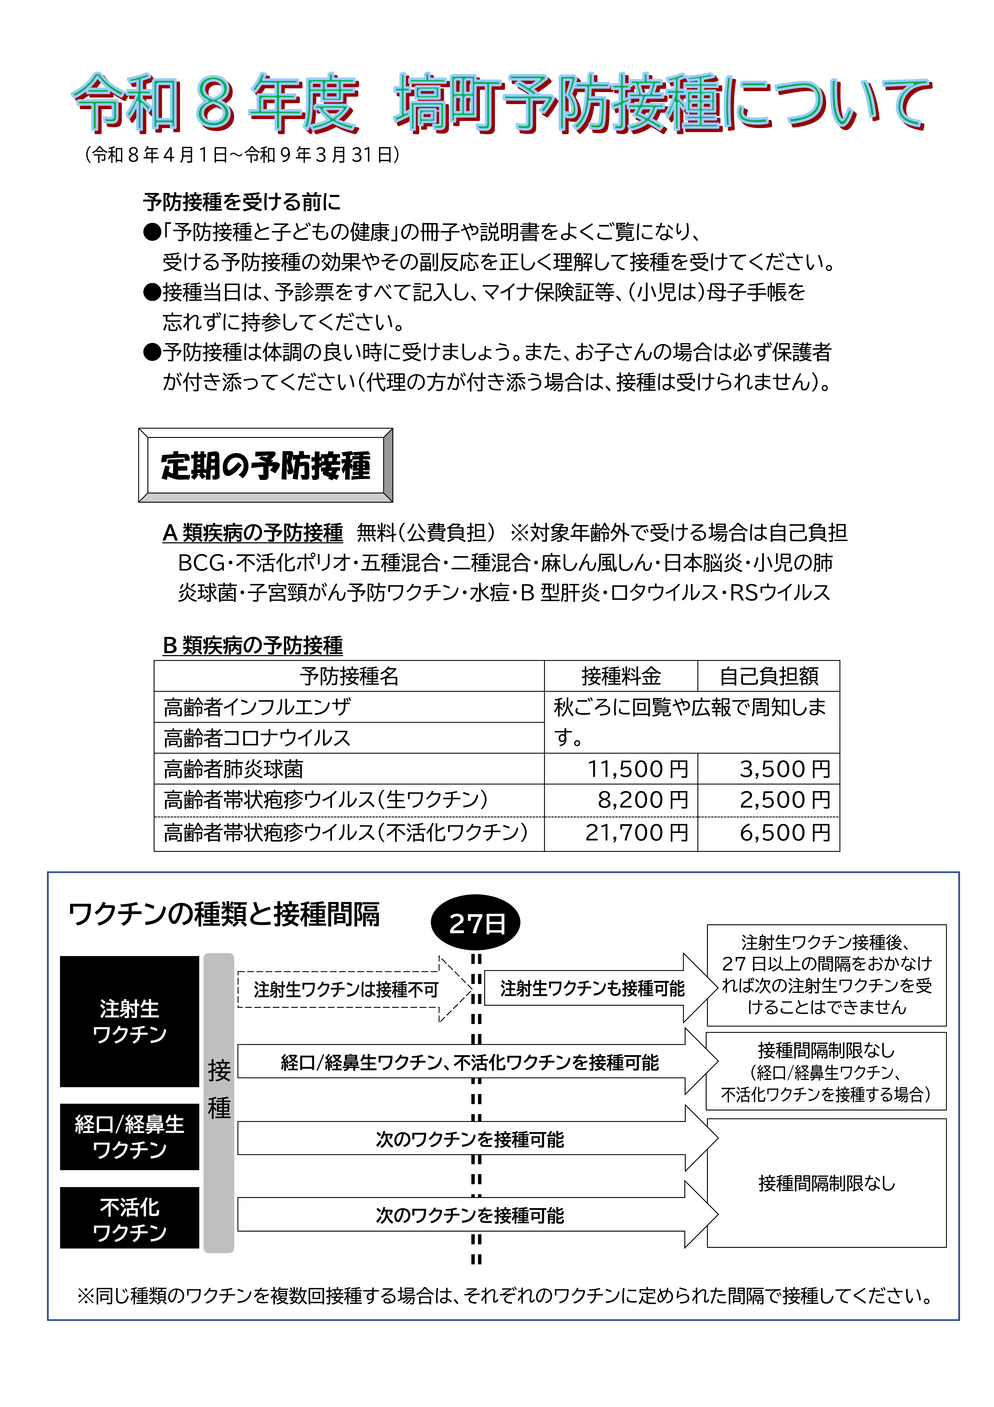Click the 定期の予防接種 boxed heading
pos(265,465)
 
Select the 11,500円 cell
pos(637,768)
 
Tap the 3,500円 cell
pos(784,768)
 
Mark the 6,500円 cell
pos(784,832)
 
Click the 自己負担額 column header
pos(768,676)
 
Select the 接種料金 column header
pos(621,676)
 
